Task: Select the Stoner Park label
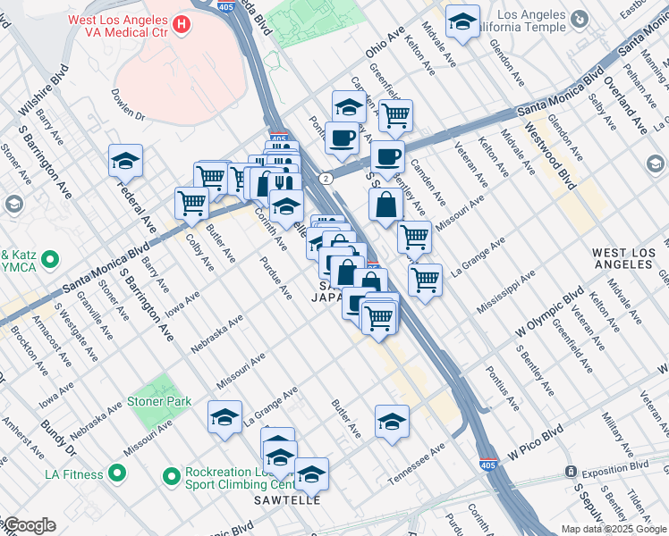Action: coord(159,402)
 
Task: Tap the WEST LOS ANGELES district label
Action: coord(629,259)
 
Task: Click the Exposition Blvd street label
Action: coord(616,466)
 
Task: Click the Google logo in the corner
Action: coord(29,525)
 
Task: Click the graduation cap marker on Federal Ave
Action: coord(125,161)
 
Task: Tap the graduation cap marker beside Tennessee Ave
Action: coord(392,422)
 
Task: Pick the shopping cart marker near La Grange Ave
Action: coord(425,278)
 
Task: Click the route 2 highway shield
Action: coord(327,179)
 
